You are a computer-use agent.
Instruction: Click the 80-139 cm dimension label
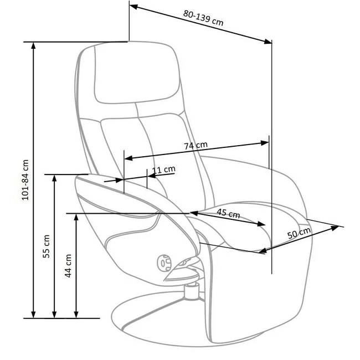tap(203, 18)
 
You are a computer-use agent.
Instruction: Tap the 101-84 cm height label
tap(25, 180)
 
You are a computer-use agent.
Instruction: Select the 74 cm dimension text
tap(196, 145)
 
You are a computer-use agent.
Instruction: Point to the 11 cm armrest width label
tap(164, 169)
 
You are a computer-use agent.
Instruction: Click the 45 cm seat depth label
tap(228, 213)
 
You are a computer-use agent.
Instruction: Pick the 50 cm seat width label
tap(299, 233)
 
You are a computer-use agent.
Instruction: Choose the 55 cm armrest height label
tap(47, 246)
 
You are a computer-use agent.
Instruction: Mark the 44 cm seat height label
tap(68, 266)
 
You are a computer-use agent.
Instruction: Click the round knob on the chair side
tap(164, 263)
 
